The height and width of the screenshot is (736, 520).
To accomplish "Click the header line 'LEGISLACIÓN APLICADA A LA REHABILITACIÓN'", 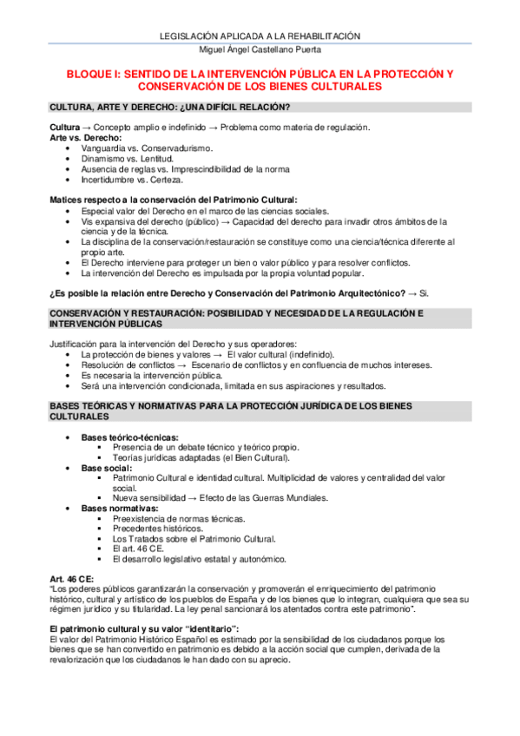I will coord(260,36).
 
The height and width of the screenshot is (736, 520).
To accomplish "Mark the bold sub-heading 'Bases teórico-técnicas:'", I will coord(130,437).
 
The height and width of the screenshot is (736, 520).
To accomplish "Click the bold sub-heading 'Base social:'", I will coord(107,468).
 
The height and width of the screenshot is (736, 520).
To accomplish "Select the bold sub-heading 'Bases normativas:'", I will coord(119,508).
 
